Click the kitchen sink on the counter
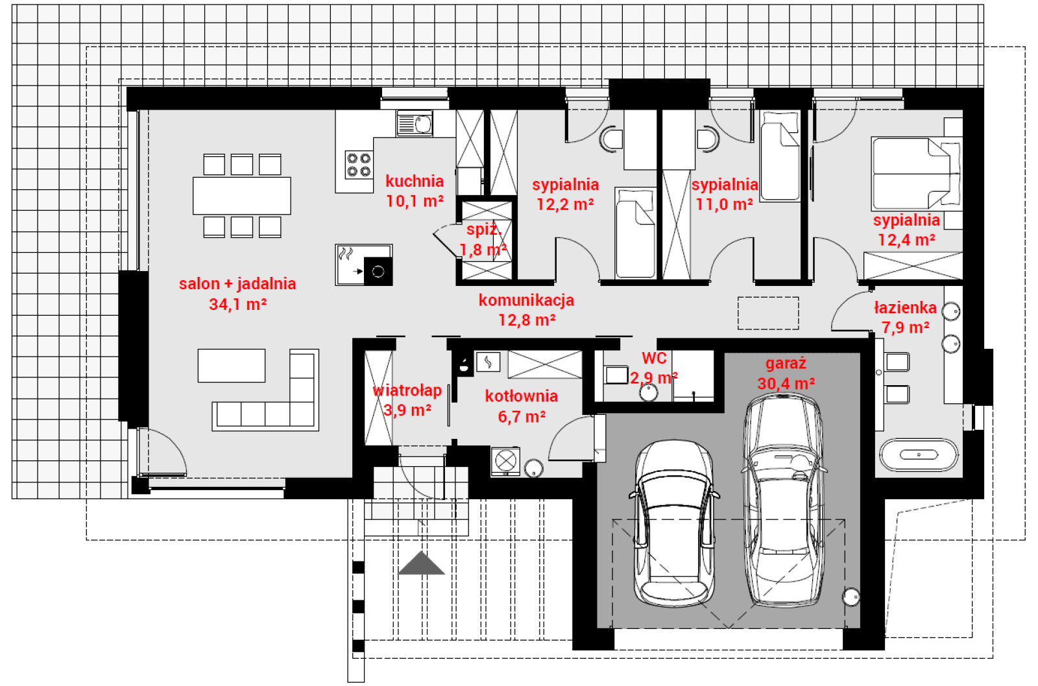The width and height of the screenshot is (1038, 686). pos(415,123)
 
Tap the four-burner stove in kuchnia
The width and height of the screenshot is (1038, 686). pos(359,165)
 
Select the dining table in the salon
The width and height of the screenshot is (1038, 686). pos(242,195)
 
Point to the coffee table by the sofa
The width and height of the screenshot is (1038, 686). pos(232,366)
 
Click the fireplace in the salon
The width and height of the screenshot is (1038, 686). pos(364,265)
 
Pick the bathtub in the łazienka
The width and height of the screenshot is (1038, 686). pos(919,455)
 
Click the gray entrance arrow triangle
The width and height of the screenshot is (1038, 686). pos(421,563)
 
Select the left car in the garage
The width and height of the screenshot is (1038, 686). pos(674,523)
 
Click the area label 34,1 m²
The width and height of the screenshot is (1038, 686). pos(237,304)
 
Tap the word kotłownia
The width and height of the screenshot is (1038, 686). pos(522,396)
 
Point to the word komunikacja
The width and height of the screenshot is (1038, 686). pos(526,300)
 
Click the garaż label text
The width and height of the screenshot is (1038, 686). pos(786,363)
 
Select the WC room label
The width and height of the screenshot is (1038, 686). pos(655,358)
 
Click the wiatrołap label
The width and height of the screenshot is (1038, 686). pos(407,390)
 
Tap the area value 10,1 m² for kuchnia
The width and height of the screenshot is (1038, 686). pos(415,201)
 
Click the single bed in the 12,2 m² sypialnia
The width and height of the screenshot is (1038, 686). pos(635,233)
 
